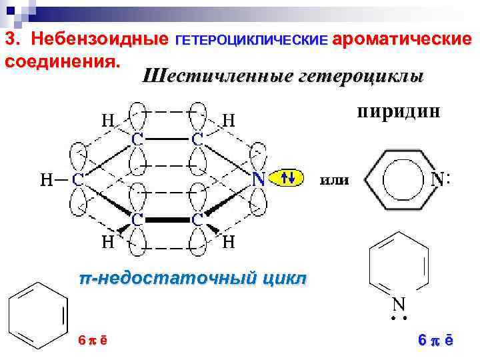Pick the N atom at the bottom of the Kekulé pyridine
pyautogui.click(x=399, y=304)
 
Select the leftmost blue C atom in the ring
pyautogui.click(x=78, y=179)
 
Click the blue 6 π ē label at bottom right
pyautogui.click(x=435, y=340)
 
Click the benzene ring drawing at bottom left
pyautogui.click(x=37, y=314)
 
